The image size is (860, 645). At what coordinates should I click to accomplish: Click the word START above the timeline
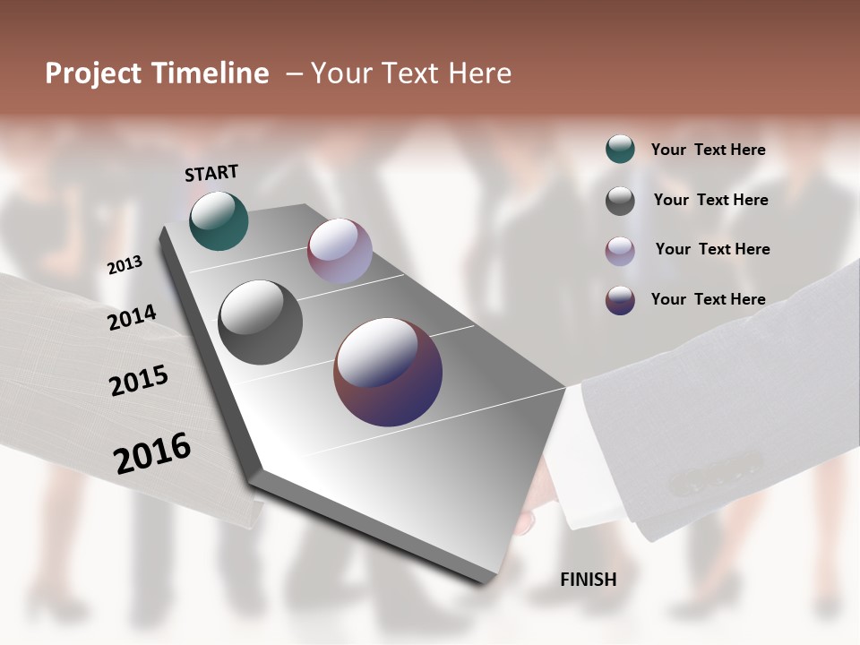[x=211, y=173]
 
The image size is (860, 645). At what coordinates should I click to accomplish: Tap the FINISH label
[x=588, y=580]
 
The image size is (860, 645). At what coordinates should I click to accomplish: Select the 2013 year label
[x=125, y=265]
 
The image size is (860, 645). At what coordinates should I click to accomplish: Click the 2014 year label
[x=132, y=318]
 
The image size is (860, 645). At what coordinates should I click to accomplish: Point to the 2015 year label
[x=138, y=381]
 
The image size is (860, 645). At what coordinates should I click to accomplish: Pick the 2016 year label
[x=152, y=453]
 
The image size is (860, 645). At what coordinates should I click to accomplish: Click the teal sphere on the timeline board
[x=219, y=220]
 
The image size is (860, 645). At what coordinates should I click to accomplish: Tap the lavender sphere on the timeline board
[x=340, y=251]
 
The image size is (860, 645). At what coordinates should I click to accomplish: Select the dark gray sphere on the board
[x=260, y=322]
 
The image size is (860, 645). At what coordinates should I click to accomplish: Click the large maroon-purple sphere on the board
[x=388, y=372]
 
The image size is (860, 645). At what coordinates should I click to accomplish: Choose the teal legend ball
[x=620, y=150]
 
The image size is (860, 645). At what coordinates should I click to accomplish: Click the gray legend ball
[x=620, y=201]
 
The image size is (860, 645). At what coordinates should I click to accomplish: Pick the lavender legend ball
[x=620, y=251]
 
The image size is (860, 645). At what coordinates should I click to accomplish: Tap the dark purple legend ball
[x=620, y=300]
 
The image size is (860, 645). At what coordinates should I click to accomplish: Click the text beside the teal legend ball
[x=708, y=150]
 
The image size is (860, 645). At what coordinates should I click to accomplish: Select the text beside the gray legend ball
[x=710, y=201]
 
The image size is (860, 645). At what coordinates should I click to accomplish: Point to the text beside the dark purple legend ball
[x=708, y=299]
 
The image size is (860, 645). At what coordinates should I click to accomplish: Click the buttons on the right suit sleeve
[x=716, y=475]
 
